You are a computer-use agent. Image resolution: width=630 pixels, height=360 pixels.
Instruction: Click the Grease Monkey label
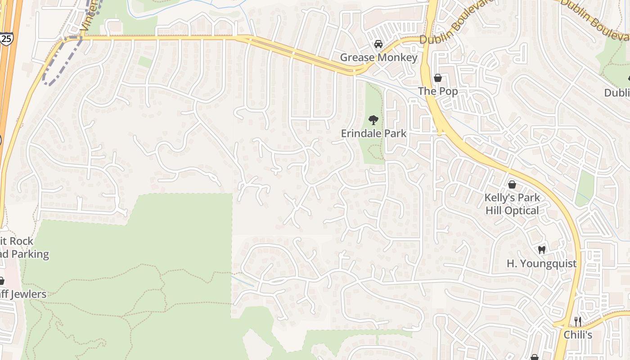tap(378, 58)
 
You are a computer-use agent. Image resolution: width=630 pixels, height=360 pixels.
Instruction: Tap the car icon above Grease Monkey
tap(378, 44)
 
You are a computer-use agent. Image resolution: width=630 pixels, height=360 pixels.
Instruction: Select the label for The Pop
tap(438, 91)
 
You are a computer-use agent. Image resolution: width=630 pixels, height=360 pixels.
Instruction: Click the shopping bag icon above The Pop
tap(438, 78)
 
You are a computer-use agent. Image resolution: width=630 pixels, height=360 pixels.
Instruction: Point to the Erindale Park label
tap(373, 134)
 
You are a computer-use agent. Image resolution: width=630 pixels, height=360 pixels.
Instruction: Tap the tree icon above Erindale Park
tap(373, 120)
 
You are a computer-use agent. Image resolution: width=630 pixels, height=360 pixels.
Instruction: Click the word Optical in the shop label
tap(522, 211)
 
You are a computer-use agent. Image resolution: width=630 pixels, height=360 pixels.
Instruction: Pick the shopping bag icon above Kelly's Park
tap(512, 184)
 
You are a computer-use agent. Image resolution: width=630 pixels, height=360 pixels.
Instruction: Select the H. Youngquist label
tap(541, 264)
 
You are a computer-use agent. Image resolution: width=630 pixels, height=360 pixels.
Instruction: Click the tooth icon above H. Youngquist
tap(541, 250)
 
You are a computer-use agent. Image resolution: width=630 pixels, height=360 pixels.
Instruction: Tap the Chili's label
tap(578, 335)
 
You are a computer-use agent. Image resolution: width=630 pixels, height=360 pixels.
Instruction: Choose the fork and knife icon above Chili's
tap(578, 321)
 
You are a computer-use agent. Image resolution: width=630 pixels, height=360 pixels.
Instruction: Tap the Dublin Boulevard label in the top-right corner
tap(594, 18)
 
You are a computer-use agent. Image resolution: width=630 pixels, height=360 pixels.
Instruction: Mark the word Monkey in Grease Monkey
tap(397, 58)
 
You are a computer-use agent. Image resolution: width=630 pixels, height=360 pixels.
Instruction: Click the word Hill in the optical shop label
tap(494, 211)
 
